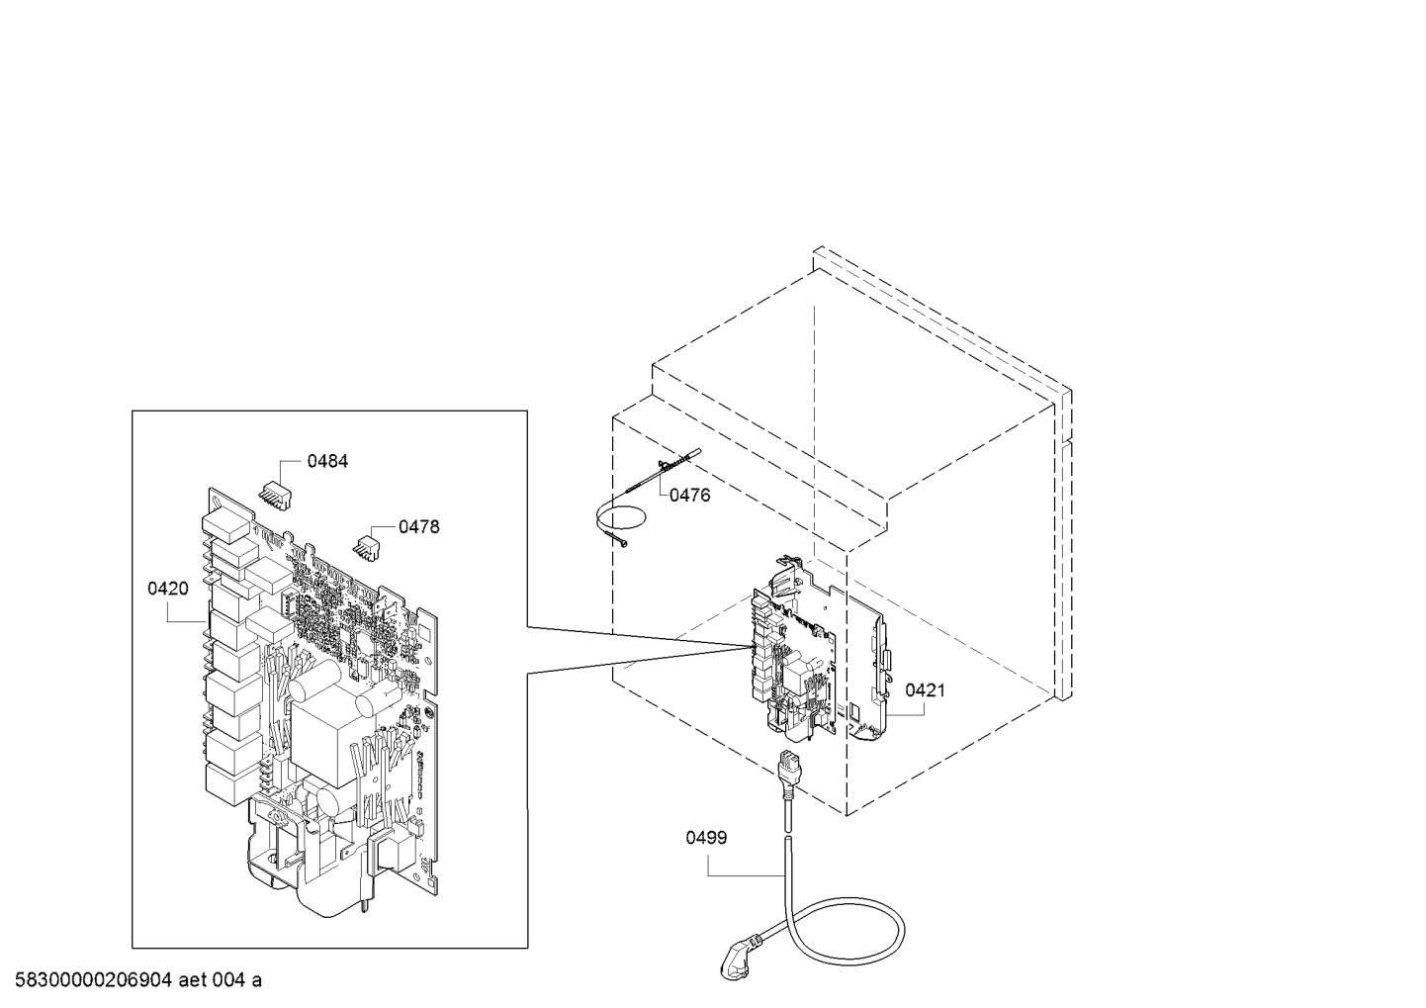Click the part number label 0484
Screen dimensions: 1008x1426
click(x=326, y=461)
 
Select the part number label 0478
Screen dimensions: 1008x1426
click(x=418, y=527)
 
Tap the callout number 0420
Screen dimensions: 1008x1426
click(x=167, y=590)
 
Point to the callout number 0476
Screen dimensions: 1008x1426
click(x=689, y=496)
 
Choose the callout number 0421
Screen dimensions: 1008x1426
click(x=925, y=689)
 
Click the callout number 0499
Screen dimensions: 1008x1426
click(x=706, y=838)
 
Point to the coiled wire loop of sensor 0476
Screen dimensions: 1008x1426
click(x=621, y=520)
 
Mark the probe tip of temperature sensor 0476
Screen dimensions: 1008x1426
click(x=691, y=454)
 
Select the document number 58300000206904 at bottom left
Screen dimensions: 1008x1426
click(x=89, y=980)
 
